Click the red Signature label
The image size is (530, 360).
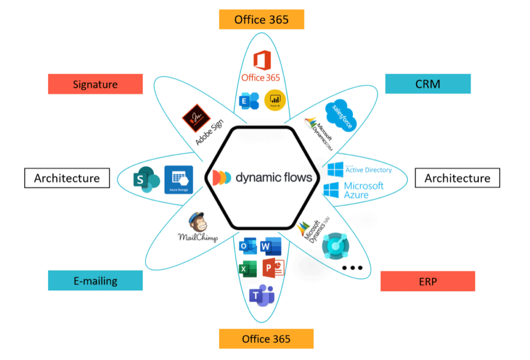coord(95,84)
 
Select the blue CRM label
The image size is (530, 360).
coord(428,83)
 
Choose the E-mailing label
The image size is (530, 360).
coord(95,281)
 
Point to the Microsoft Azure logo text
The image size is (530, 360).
coord(363,190)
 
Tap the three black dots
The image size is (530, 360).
coord(352,268)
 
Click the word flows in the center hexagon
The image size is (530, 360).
coord(293,177)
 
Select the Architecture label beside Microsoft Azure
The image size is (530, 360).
coord(457,178)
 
